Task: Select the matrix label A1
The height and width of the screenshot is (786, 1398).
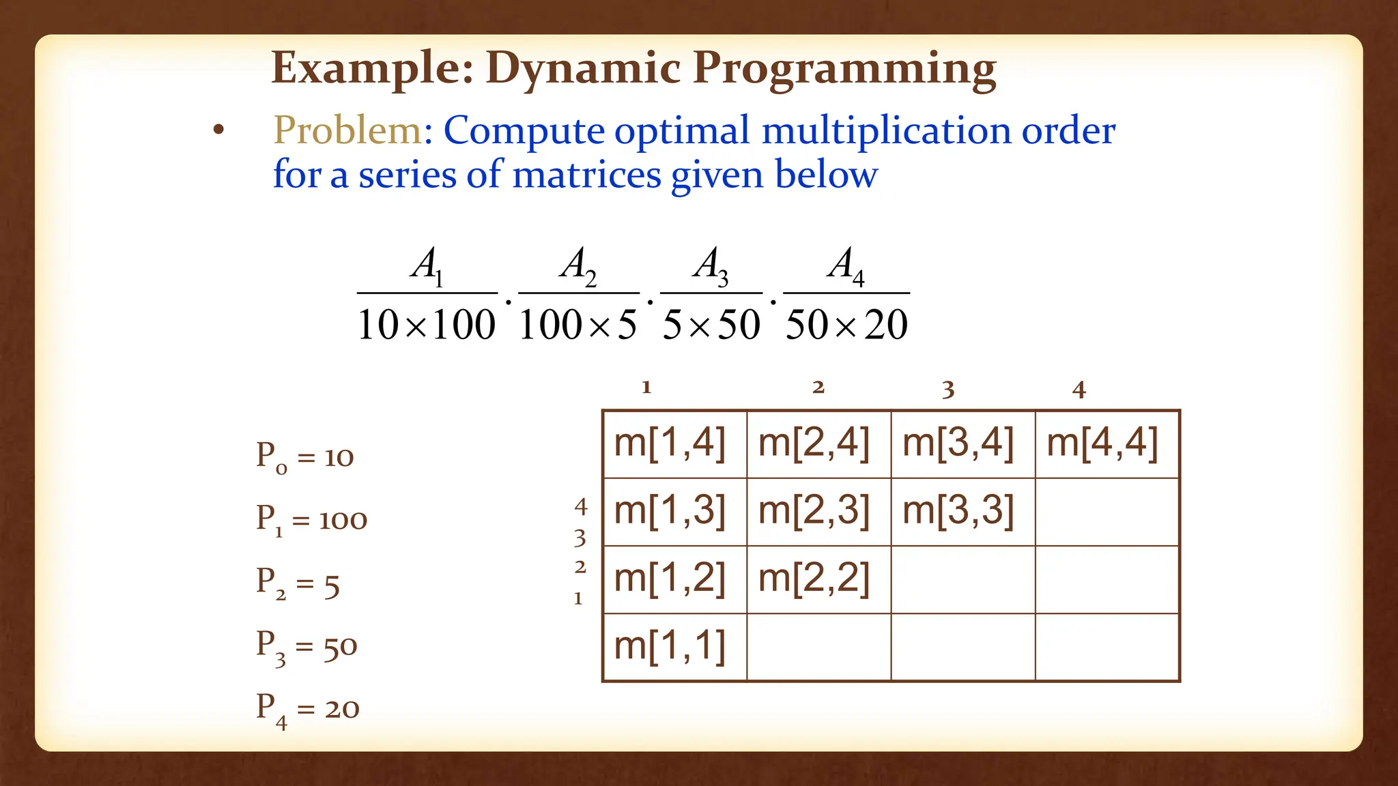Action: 427,266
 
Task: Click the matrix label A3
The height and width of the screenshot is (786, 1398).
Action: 711,266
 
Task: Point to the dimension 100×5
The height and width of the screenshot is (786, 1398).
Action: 577,325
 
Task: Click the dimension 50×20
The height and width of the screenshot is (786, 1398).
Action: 846,325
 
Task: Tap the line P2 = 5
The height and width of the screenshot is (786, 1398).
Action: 298,584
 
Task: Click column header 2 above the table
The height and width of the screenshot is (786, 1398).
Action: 818,388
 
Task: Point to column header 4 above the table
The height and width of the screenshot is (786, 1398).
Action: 1079,390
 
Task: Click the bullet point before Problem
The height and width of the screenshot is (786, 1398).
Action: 218,130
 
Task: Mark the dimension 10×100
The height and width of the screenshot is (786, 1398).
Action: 427,325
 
